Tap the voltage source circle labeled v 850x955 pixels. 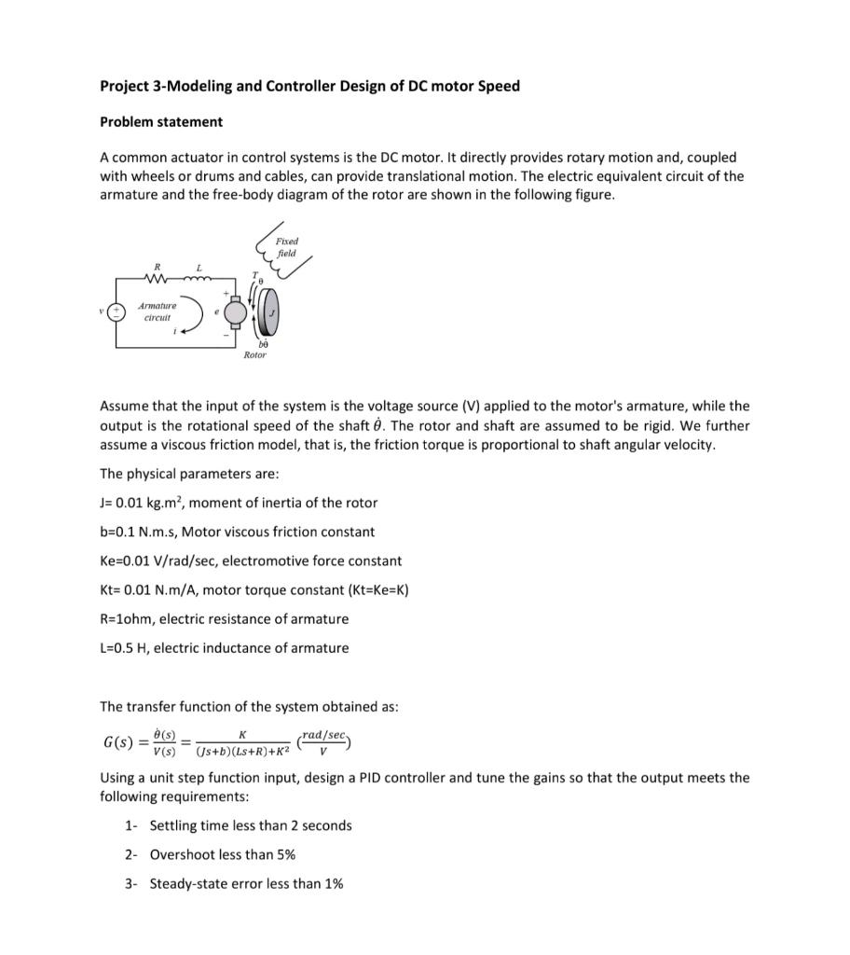117,312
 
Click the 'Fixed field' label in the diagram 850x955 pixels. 286,247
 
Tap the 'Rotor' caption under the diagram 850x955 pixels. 254,355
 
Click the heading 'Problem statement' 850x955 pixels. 161,122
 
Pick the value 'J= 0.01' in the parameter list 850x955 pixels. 130,503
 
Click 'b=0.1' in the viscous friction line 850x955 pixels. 121,532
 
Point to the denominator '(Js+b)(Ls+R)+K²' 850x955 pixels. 241,751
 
